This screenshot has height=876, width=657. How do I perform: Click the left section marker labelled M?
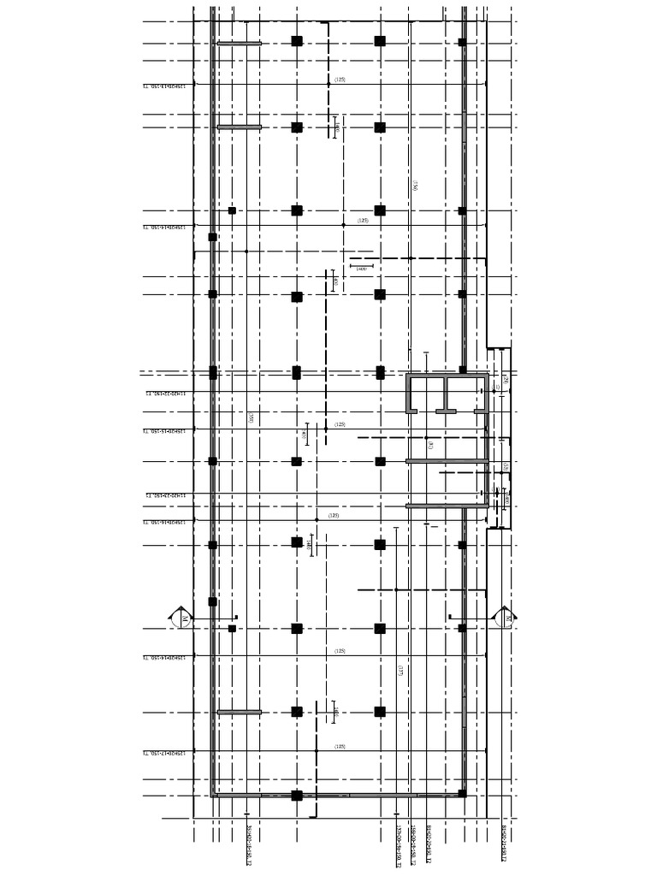tap(181, 617)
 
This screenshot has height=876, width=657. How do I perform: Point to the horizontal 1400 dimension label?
tap(361, 269)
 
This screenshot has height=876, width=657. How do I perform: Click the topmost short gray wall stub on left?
tap(239, 44)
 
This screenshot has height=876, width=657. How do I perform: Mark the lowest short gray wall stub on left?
tap(239, 712)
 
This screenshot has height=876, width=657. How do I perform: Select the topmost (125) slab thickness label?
tap(340, 80)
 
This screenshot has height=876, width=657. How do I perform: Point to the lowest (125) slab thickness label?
tap(340, 747)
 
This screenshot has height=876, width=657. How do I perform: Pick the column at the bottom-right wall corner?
tap(462, 795)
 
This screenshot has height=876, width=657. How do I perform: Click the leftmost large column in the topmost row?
tap(297, 41)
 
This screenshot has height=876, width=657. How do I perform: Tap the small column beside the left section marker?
tap(232, 629)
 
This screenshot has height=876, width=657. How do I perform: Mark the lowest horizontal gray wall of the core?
tap(447, 506)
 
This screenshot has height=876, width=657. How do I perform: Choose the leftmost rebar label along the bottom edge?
tap(247, 843)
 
